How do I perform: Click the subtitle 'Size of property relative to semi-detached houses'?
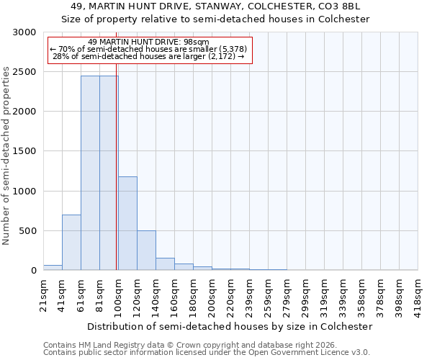tap(215, 19)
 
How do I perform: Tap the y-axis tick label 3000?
tap(24, 32)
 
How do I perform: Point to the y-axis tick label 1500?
tap(24, 151)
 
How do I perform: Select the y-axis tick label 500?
tap(27, 231)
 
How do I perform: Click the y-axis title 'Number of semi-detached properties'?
tap(7, 156)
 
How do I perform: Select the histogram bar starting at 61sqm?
tap(90, 173)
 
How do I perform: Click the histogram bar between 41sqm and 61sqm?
tap(71, 243)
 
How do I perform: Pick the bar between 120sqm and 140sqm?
tap(146, 251)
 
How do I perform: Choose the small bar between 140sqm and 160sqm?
tap(165, 264)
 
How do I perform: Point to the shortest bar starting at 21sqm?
tap(53, 268)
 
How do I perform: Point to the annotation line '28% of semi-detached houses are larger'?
tap(150, 56)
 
